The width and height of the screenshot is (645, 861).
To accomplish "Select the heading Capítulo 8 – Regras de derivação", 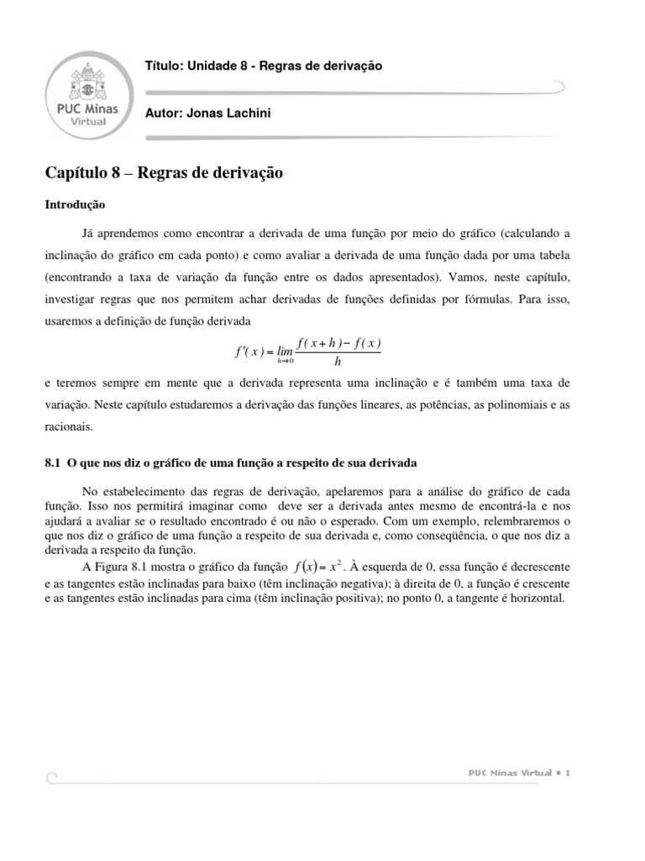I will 164,173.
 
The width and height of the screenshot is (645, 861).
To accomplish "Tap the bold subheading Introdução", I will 75,203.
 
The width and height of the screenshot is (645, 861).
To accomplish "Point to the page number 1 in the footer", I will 568,773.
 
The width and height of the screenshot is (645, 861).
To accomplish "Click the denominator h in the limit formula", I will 338,362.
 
